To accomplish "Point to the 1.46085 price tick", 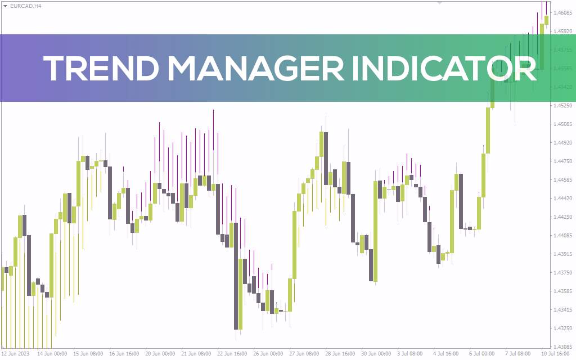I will click(563, 12).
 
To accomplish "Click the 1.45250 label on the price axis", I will click(563, 106).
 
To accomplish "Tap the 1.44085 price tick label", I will click(563, 236).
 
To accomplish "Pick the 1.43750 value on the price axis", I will click(563, 273).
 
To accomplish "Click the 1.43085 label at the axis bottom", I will click(563, 347).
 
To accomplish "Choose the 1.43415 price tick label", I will click(563, 310).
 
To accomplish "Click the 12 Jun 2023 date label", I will click(15, 354).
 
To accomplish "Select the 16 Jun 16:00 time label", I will click(124, 354).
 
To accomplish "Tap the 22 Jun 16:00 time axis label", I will click(232, 354).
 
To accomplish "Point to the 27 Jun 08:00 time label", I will click(304, 354).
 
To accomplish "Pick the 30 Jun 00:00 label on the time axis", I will click(376, 354).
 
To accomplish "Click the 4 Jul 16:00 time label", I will click(448, 354).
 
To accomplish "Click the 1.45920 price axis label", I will click(563, 31).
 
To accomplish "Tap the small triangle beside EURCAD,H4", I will click(5, 6).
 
